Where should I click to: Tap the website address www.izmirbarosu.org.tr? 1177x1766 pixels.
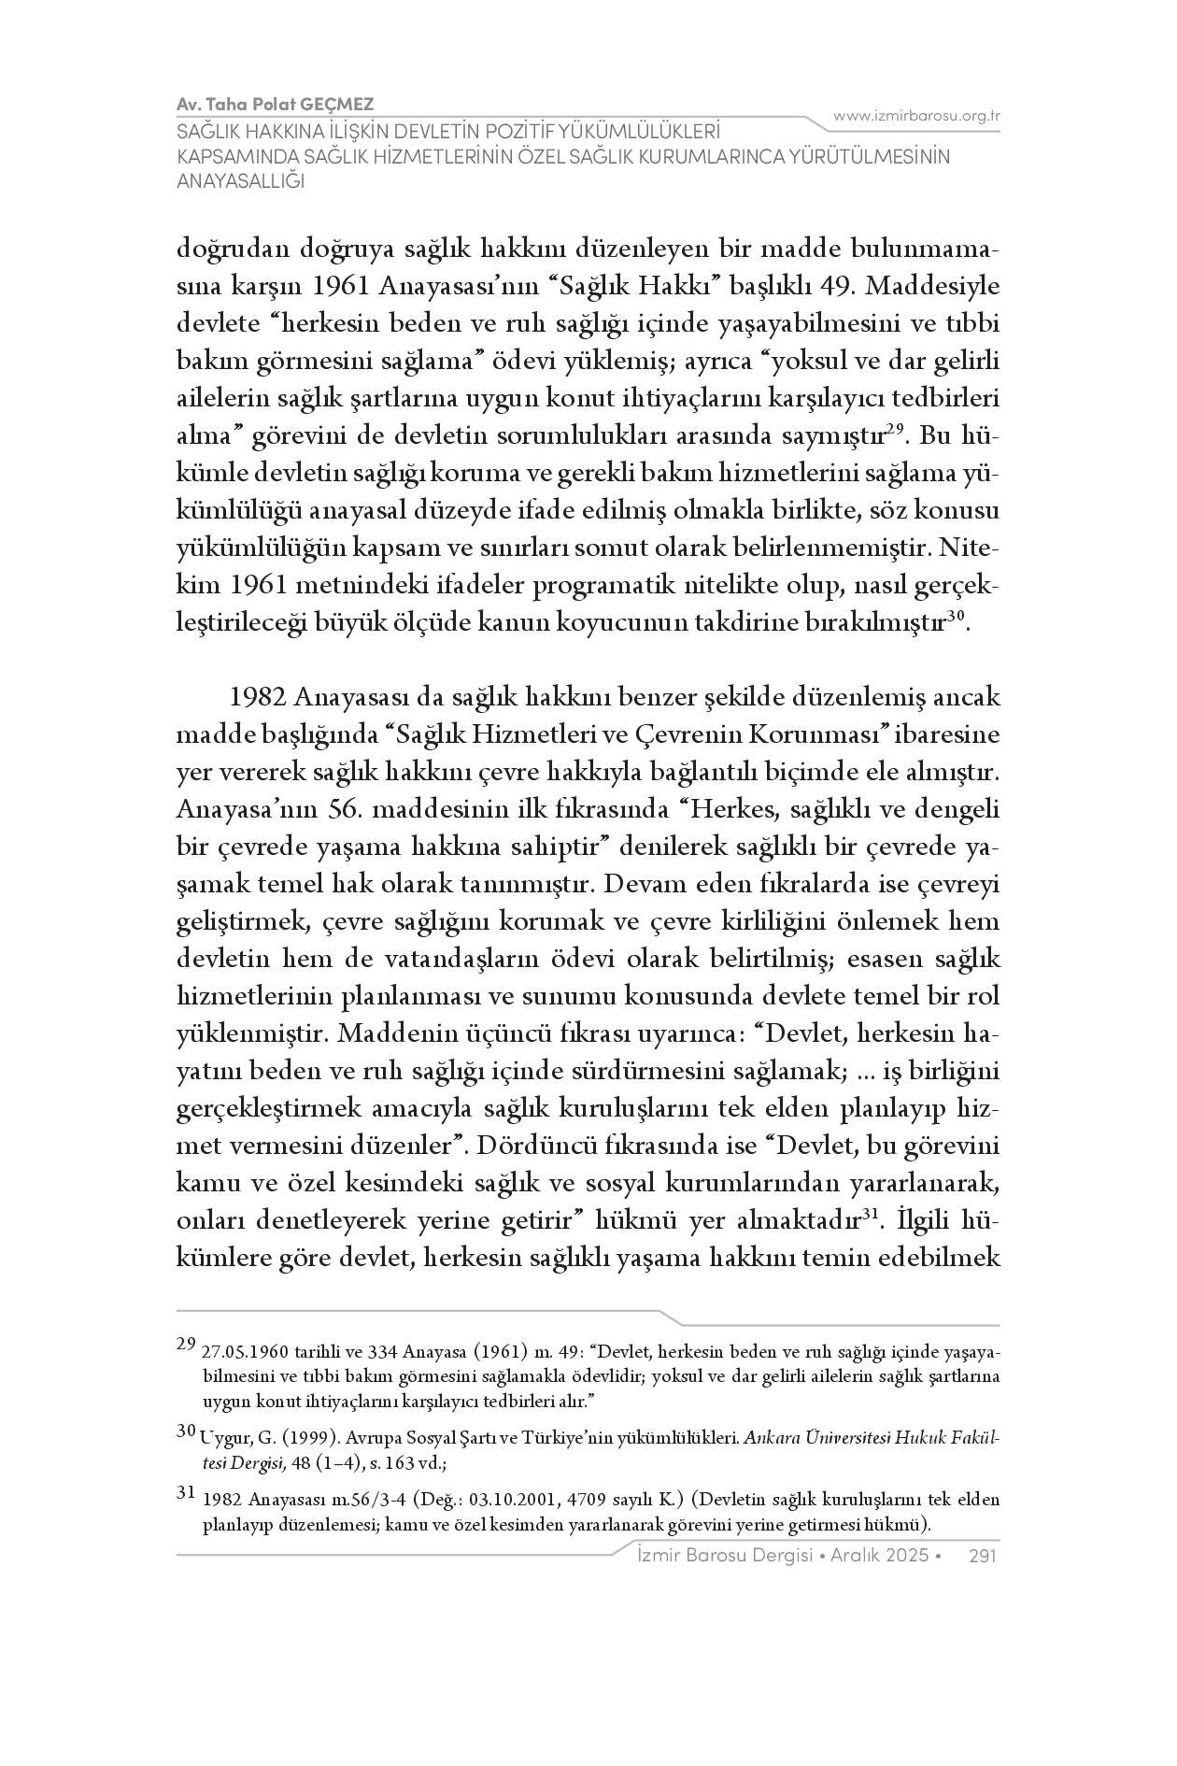point(916,116)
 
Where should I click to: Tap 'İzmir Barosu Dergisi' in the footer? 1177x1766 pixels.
point(709,1555)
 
